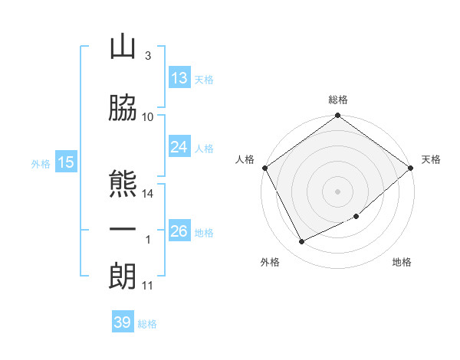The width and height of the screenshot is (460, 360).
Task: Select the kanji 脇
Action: point(123,107)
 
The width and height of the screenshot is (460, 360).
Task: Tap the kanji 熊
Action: point(123,184)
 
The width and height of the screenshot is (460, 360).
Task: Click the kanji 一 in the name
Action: point(123,229)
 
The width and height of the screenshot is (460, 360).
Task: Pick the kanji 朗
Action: point(123,276)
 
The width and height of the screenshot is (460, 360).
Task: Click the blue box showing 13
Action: point(179,77)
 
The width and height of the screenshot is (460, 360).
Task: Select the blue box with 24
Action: point(179,146)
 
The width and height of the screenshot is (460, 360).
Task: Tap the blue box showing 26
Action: point(179,230)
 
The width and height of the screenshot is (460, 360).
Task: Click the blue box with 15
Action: point(66,162)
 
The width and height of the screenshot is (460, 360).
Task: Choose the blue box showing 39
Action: point(123,321)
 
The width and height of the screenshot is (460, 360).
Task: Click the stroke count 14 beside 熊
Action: point(147,194)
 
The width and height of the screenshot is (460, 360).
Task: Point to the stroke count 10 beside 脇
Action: point(147,117)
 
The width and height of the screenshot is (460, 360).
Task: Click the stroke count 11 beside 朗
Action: point(147,286)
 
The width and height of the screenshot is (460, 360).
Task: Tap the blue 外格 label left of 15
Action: point(41,164)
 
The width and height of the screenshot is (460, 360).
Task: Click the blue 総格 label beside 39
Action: point(147,324)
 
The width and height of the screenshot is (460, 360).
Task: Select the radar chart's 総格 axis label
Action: point(338,100)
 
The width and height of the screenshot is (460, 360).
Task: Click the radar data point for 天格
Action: point(410,168)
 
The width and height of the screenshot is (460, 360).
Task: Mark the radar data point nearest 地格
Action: point(356,216)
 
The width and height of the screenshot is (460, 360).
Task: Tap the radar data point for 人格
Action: point(265,168)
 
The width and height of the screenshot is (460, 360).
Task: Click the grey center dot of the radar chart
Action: point(337,191)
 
